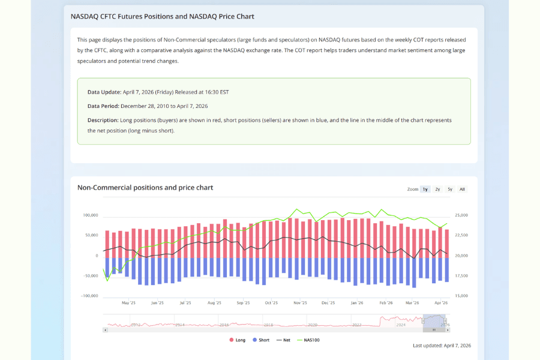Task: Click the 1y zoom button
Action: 425,189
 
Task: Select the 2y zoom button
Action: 438,189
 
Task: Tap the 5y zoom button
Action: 450,189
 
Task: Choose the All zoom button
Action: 463,189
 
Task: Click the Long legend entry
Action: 237,340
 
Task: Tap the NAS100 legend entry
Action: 308,340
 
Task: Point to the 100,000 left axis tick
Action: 90,215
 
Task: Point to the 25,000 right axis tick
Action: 461,215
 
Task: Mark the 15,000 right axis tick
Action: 461,296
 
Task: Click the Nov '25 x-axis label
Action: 300,303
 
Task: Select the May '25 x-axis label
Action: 128,303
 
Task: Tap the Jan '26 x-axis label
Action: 357,303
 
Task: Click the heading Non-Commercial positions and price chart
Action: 145,188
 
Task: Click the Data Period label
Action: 104,106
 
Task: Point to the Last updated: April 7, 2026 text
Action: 442,346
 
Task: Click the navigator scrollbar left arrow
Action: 106,329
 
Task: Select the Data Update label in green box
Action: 104,92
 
